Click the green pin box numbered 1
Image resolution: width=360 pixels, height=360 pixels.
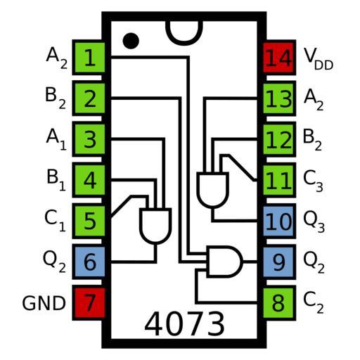point(89,58)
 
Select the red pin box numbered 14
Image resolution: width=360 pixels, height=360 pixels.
point(279,58)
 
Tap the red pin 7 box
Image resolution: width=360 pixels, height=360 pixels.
point(89,303)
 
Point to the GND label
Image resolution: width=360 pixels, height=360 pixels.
point(44,303)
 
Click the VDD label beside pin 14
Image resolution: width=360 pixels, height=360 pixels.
point(319,58)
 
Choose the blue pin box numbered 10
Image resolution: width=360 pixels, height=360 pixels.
point(279,221)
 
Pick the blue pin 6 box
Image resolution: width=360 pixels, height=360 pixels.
point(89,262)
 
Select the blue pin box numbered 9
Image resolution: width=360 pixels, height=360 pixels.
point(279,262)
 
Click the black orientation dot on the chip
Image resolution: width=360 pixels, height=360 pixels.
point(131,41)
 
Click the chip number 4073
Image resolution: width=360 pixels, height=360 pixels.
point(184,324)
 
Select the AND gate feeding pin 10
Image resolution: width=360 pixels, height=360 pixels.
point(213,190)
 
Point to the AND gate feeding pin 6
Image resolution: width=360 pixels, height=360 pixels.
point(155,226)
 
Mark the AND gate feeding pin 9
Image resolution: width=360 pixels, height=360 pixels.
point(224,262)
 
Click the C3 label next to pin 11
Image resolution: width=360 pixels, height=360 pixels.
point(313,181)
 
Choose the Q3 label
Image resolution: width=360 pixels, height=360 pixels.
point(314,221)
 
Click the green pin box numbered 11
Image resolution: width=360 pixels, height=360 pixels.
point(279,180)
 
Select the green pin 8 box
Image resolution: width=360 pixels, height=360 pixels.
point(279,303)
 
